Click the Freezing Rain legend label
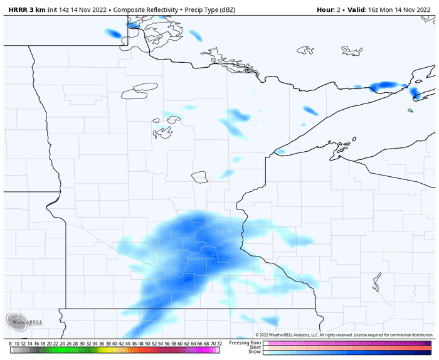point(245,342)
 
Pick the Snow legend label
point(255,352)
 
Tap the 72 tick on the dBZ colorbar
point(218,344)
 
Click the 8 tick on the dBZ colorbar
point(11,344)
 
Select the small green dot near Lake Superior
point(410,111)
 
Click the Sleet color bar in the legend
point(348,347)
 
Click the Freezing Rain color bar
point(348,342)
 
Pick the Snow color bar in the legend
point(348,352)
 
